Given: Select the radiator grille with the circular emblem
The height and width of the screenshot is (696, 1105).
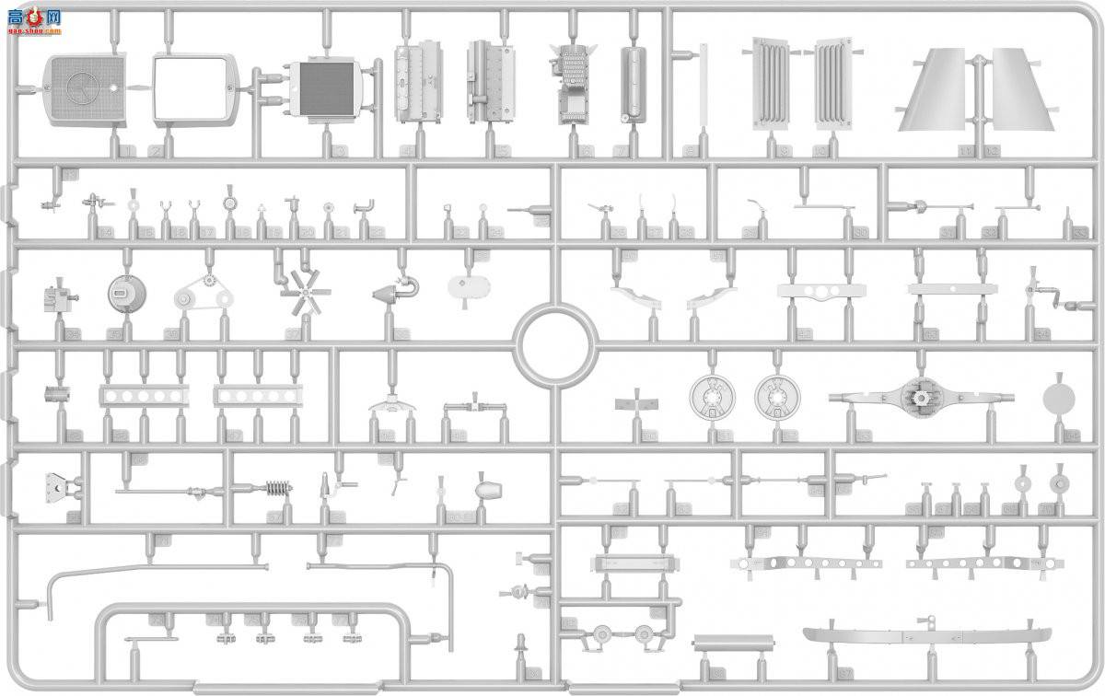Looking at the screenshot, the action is coord(84,88).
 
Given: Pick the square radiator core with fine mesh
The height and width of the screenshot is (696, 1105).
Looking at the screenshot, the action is coord(321,89).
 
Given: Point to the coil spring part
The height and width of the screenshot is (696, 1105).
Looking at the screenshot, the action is coord(277,489).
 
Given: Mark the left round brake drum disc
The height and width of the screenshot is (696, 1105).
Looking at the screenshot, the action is coord(711,397).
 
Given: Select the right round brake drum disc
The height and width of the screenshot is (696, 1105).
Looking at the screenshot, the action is coord(777,397).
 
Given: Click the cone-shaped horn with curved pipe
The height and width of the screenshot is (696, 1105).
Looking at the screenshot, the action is coord(390,294).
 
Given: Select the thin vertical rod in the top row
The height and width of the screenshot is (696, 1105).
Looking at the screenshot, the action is coord(703,87).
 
